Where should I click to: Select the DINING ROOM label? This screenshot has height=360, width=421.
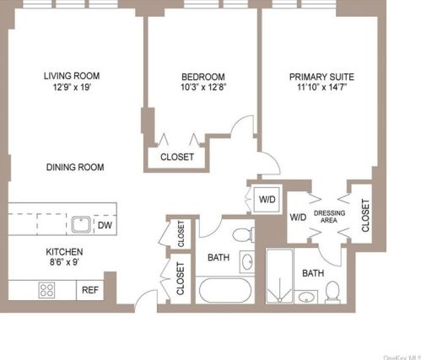[x=75, y=168]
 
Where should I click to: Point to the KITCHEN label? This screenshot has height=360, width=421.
[x=62, y=250]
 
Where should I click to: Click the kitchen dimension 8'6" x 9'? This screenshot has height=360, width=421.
[x=62, y=262]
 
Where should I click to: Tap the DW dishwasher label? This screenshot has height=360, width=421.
[x=105, y=225]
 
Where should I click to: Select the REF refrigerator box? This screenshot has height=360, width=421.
[x=90, y=290]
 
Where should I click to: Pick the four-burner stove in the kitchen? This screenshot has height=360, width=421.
[x=47, y=290]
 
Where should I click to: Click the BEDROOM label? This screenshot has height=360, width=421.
[x=202, y=75]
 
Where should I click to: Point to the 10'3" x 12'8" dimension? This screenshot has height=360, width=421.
[x=202, y=87]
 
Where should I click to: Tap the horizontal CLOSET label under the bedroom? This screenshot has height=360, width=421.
[x=177, y=157]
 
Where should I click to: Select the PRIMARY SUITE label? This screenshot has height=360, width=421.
[x=316, y=75]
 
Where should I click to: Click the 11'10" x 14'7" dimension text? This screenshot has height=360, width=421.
[x=316, y=87]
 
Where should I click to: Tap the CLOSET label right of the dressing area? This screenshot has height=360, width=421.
[x=364, y=215]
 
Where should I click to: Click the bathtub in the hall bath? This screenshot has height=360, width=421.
[x=224, y=292]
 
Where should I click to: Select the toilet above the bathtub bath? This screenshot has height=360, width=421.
[x=243, y=234]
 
